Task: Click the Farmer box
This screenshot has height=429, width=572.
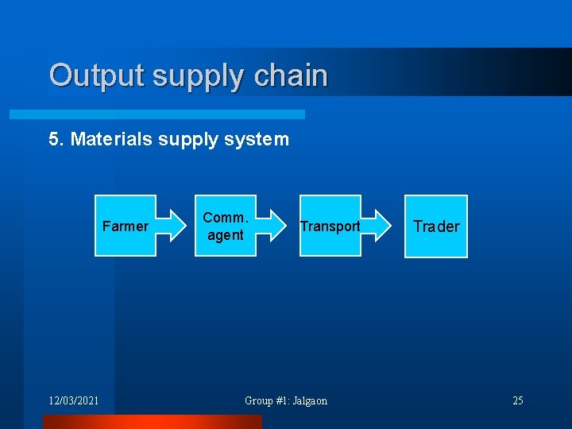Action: pos(125,226)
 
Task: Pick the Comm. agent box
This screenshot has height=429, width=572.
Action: pos(226,226)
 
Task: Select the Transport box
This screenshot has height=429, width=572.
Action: pos(330,226)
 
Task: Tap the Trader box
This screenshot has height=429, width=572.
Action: pos(436,226)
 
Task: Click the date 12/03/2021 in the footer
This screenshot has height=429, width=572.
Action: pos(73,400)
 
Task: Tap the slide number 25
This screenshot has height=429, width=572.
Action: pos(517,400)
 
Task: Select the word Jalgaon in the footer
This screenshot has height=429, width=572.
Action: pos(309,400)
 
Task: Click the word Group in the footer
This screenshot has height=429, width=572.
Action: pos(258,400)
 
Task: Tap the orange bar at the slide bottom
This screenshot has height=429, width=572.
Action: pos(151,422)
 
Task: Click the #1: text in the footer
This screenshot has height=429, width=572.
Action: pos(282,400)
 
